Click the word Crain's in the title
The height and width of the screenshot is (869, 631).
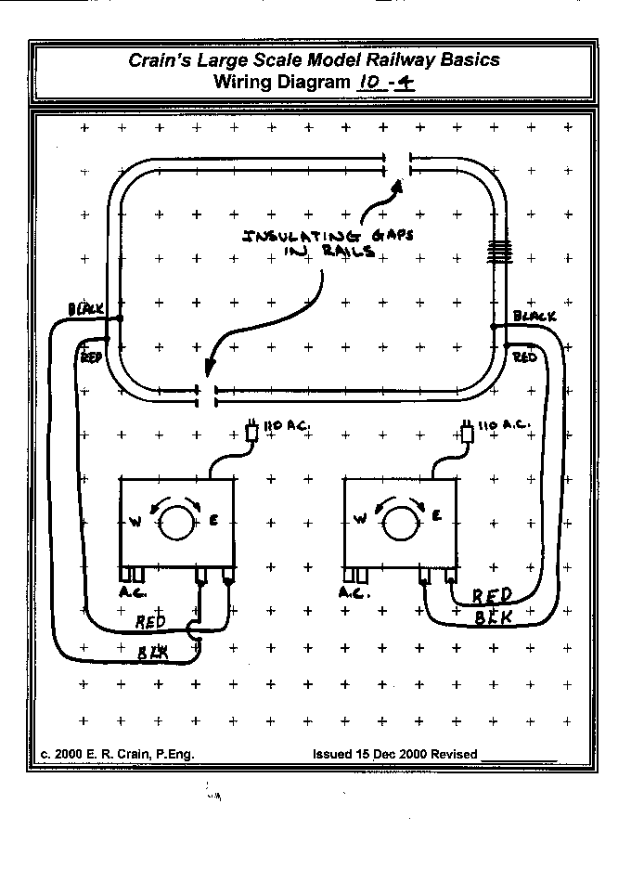[x=163, y=60]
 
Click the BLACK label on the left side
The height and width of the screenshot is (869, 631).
[x=86, y=308]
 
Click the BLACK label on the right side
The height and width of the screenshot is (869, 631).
[x=535, y=317]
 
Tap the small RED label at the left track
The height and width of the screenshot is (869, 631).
[x=91, y=357]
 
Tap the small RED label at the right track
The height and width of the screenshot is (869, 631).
[x=524, y=357]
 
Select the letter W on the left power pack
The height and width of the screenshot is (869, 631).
[x=135, y=522]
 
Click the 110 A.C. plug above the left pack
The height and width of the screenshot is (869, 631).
[x=251, y=432]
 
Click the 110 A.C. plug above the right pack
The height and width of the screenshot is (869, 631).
[x=469, y=433]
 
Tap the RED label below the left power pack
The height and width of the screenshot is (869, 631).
[x=151, y=621]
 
